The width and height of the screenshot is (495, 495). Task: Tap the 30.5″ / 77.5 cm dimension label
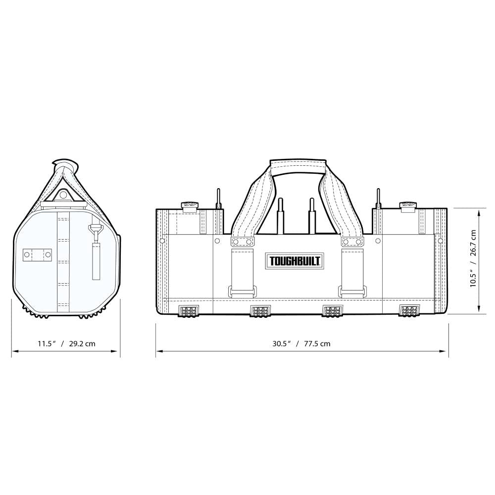point(301,344)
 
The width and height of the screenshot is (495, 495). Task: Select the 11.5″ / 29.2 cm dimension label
point(66,344)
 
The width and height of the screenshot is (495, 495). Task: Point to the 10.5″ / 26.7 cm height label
point(473,258)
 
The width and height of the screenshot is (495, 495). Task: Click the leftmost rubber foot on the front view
point(188,311)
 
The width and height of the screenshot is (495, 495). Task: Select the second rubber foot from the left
point(260,311)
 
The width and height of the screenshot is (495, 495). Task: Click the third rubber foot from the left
point(332,311)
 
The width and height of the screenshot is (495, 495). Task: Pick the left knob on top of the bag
point(190,205)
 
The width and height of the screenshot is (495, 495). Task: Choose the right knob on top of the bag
point(408,205)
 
